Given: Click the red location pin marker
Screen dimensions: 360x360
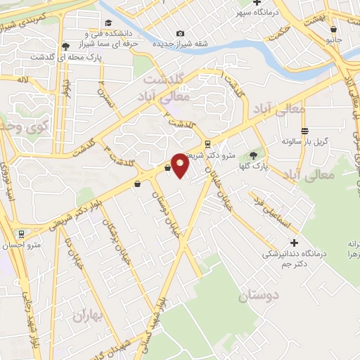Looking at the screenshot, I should pyautogui.click(x=180, y=166).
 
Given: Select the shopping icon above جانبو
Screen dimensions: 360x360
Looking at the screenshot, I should pyautogui.click(x=333, y=29).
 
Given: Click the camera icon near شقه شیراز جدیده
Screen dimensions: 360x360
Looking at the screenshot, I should pyautogui.click(x=181, y=33).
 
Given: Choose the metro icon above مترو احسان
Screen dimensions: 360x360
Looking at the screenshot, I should pyautogui.click(x=22, y=233).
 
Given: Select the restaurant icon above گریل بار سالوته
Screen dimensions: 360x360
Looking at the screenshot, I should pyautogui.click(x=304, y=131).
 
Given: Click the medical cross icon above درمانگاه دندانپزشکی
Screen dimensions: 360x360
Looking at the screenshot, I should pyautogui.click(x=295, y=243).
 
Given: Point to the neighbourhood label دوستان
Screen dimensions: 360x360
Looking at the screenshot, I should pyautogui.click(x=258, y=296).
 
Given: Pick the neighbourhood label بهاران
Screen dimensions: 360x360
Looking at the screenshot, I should pyautogui.click(x=87, y=316).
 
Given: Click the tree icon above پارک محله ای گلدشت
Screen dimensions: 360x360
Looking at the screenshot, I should pyautogui.click(x=65, y=45).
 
